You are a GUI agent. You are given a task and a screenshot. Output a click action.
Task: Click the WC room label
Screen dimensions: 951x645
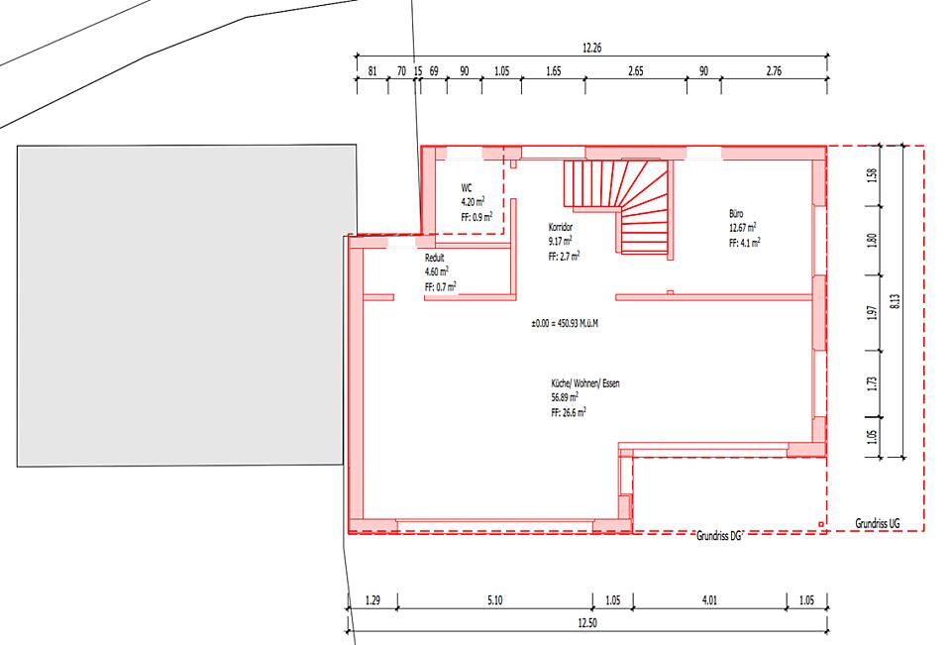pyautogui.click(x=466, y=188)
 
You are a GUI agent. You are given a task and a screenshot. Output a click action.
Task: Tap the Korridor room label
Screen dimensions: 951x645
pyautogui.click(x=561, y=227)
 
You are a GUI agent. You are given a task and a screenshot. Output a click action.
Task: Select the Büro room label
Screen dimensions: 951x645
pyautogui.click(x=736, y=214)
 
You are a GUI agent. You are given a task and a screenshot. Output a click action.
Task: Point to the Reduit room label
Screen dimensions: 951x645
pyautogui.click(x=434, y=258)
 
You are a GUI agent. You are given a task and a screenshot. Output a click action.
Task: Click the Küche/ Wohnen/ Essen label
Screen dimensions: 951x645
pyautogui.click(x=585, y=383)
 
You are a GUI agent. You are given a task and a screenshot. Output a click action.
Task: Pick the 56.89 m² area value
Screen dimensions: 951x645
pyautogui.click(x=565, y=397)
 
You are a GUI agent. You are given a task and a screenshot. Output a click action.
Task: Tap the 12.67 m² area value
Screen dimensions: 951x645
pyautogui.click(x=742, y=228)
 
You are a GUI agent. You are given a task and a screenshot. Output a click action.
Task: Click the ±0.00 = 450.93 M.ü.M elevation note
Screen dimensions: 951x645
pyautogui.click(x=565, y=323)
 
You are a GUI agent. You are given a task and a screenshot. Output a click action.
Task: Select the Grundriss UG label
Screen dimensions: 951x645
pyautogui.click(x=878, y=523)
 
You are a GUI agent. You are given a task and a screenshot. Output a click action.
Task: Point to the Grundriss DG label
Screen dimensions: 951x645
pyautogui.click(x=719, y=536)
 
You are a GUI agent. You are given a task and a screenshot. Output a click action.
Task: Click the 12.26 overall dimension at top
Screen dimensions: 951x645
pyautogui.click(x=592, y=48)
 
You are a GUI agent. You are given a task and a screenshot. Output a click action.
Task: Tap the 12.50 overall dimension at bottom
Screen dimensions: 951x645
pyautogui.click(x=587, y=622)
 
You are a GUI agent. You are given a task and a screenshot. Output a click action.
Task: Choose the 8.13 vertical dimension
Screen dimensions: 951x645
pyautogui.click(x=896, y=301)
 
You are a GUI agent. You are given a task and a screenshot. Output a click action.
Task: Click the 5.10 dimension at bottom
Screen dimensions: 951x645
pyautogui.click(x=495, y=600)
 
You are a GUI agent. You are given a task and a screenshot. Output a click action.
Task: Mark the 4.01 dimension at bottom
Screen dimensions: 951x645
pyautogui.click(x=709, y=600)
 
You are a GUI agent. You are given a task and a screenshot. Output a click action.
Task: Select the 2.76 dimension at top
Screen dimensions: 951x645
pyautogui.click(x=774, y=71)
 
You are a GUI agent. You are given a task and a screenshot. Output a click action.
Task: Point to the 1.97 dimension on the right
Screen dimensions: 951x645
pyautogui.click(x=872, y=313)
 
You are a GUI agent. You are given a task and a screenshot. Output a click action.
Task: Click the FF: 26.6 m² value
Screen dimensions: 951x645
pyautogui.click(x=569, y=412)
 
